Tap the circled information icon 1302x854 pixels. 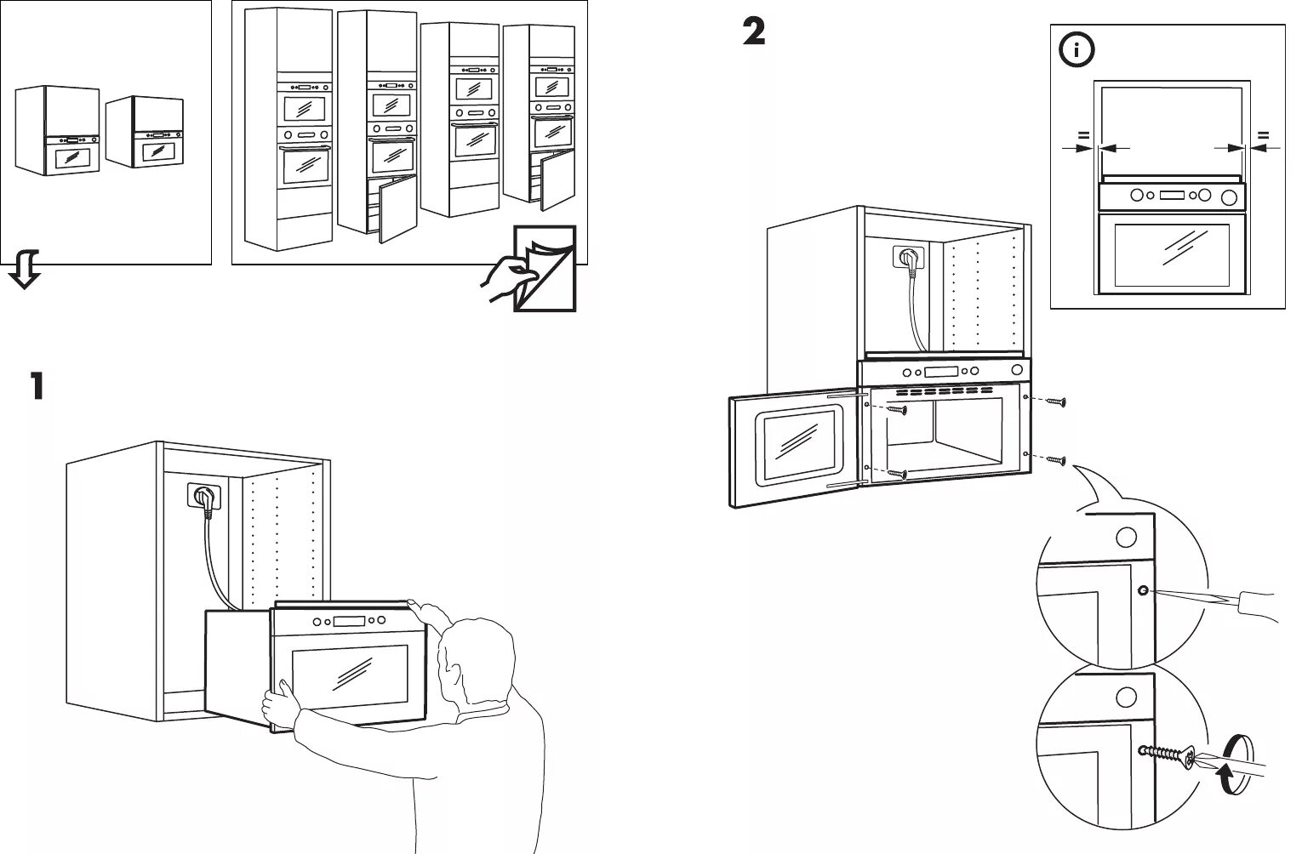pyautogui.click(x=1076, y=50)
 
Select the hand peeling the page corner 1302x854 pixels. pyautogui.click(x=508, y=276)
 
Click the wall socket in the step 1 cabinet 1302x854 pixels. pyautogui.click(x=204, y=497)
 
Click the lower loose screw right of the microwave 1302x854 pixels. pyautogui.click(x=1055, y=460)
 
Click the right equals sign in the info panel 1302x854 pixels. pyautogui.click(x=1263, y=134)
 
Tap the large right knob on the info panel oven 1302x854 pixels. pyautogui.click(x=1228, y=197)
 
